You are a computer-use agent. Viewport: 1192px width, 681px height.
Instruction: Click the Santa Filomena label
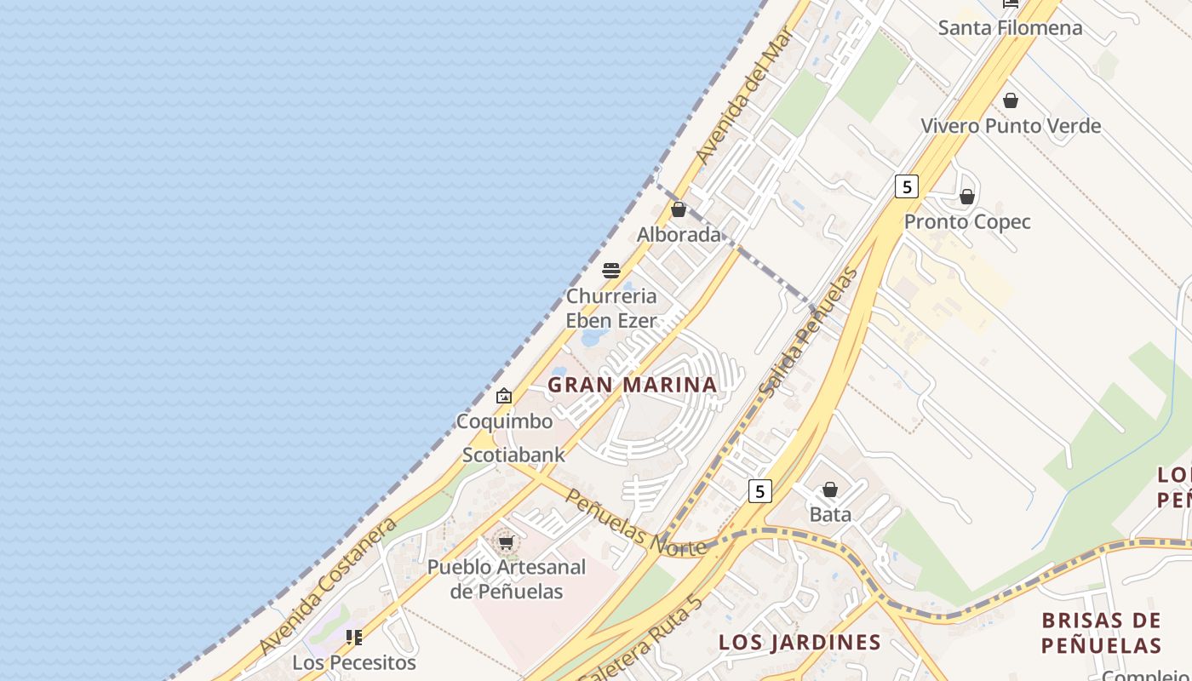[1010, 28]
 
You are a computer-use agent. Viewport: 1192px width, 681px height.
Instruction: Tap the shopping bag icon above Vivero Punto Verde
[1011, 100]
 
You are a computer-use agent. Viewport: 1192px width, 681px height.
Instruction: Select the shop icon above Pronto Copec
[967, 197]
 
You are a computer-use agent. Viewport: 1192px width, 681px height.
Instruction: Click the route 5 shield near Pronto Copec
[907, 186]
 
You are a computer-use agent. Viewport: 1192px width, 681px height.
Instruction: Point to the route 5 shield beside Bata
[760, 491]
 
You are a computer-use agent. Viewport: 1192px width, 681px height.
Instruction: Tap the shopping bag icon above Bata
[830, 489]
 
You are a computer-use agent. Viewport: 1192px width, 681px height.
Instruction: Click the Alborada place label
[679, 235]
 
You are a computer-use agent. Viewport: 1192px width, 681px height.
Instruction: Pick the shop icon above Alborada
[679, 209]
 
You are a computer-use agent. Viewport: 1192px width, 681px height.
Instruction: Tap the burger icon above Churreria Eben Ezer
[611, 271]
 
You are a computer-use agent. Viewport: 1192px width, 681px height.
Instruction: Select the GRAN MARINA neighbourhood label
[633, 385]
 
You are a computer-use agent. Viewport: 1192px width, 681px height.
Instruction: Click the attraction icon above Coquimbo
[504, 396]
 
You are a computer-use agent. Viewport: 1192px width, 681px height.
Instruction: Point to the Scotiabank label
[513, 455]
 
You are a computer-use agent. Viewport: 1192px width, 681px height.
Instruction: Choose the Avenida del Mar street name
[744, 96]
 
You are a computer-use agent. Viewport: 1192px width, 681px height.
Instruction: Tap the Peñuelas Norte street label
[635, 524]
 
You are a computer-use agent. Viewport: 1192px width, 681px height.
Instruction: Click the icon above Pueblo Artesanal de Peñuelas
[507, 542]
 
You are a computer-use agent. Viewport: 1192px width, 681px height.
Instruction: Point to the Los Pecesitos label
[354, 662]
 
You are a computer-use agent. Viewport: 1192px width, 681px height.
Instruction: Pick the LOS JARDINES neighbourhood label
[788, 642]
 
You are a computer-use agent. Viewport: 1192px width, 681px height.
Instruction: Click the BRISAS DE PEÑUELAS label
[1101, 632]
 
